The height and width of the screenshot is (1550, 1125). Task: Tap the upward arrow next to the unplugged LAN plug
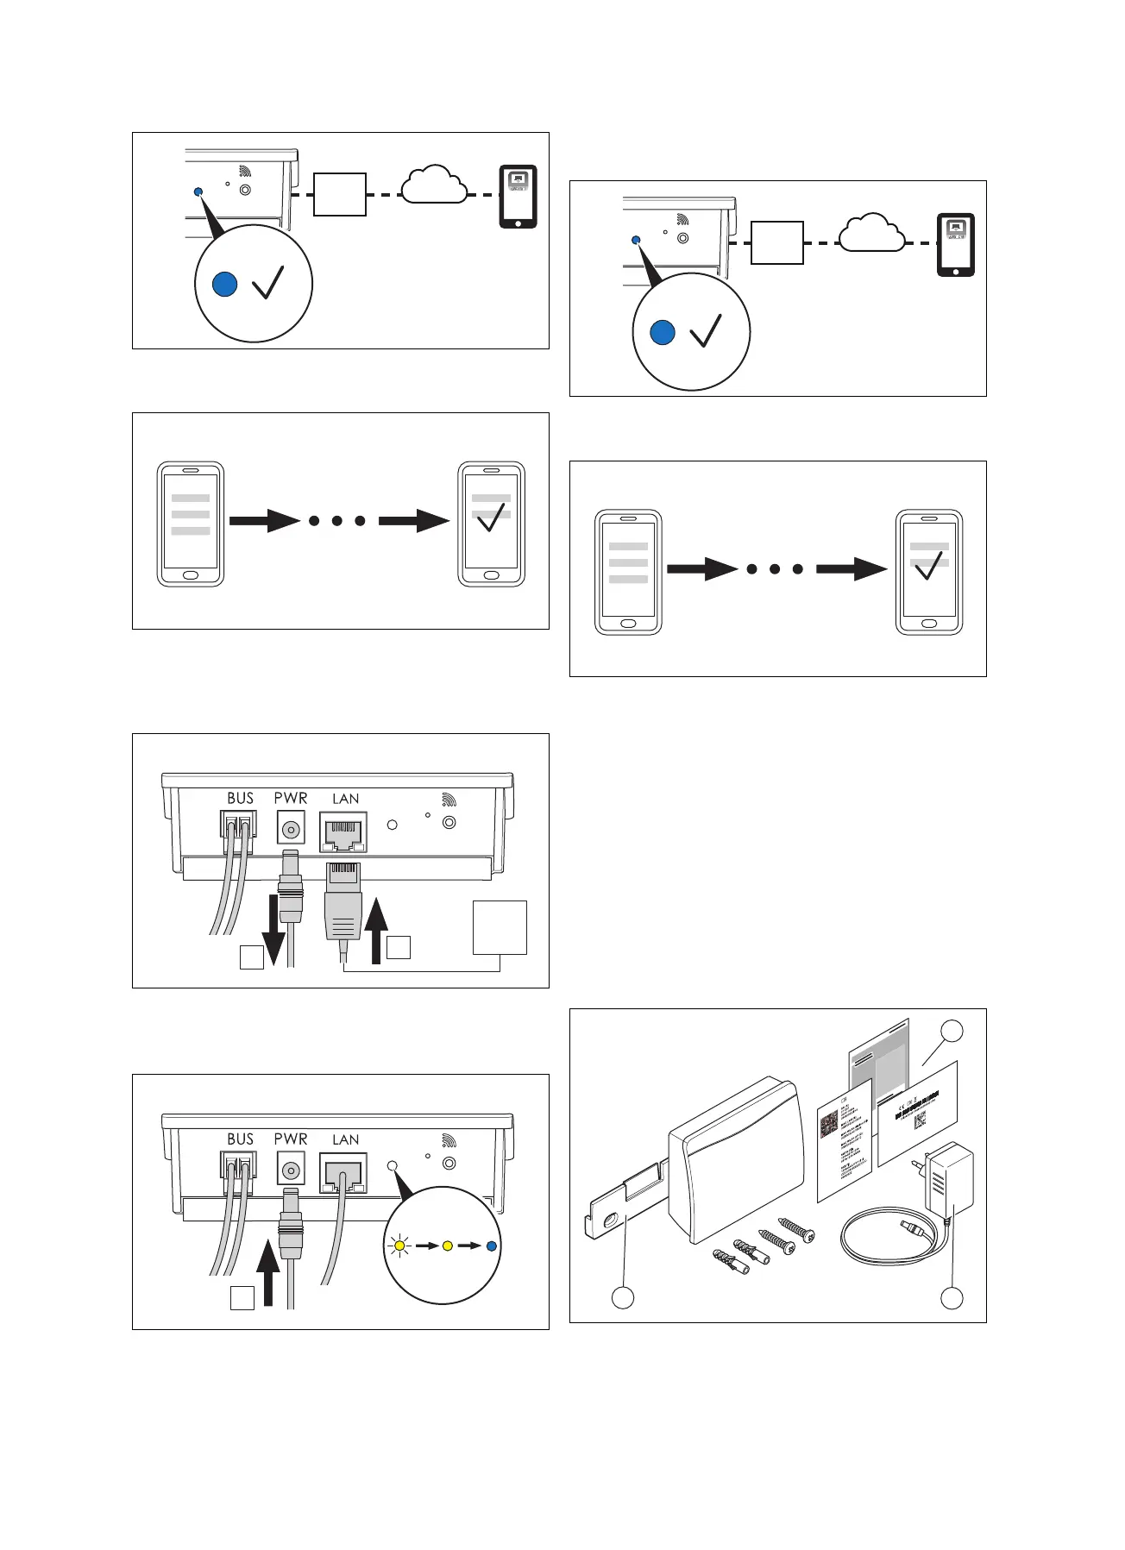[x=376, y=930]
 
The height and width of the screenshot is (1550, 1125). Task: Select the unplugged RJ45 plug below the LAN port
[x=343, y=901]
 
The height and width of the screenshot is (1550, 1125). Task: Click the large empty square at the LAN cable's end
[x=500, y=927]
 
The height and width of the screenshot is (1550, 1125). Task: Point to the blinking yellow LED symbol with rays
[x=399, y=1246]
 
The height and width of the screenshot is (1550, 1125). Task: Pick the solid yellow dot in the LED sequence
[x=446, y=1246]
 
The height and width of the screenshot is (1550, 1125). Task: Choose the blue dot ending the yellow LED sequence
[x=491, y=1246]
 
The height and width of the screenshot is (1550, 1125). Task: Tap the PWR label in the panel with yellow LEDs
[x=291, y=1139]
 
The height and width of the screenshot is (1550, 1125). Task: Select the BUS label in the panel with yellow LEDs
[x=240, y=1139]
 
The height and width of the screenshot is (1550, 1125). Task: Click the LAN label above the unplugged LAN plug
[x=345, y=799]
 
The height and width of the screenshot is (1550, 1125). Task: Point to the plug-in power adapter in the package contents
[x=947, y=1178]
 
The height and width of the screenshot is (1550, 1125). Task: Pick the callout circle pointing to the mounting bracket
[x=623, y=1297]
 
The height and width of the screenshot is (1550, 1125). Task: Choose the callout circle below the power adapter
[x=952, y=1297]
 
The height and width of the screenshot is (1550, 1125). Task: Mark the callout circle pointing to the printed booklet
[x=952, y=1031]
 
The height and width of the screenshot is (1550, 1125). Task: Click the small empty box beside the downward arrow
[x=251, y=957]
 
